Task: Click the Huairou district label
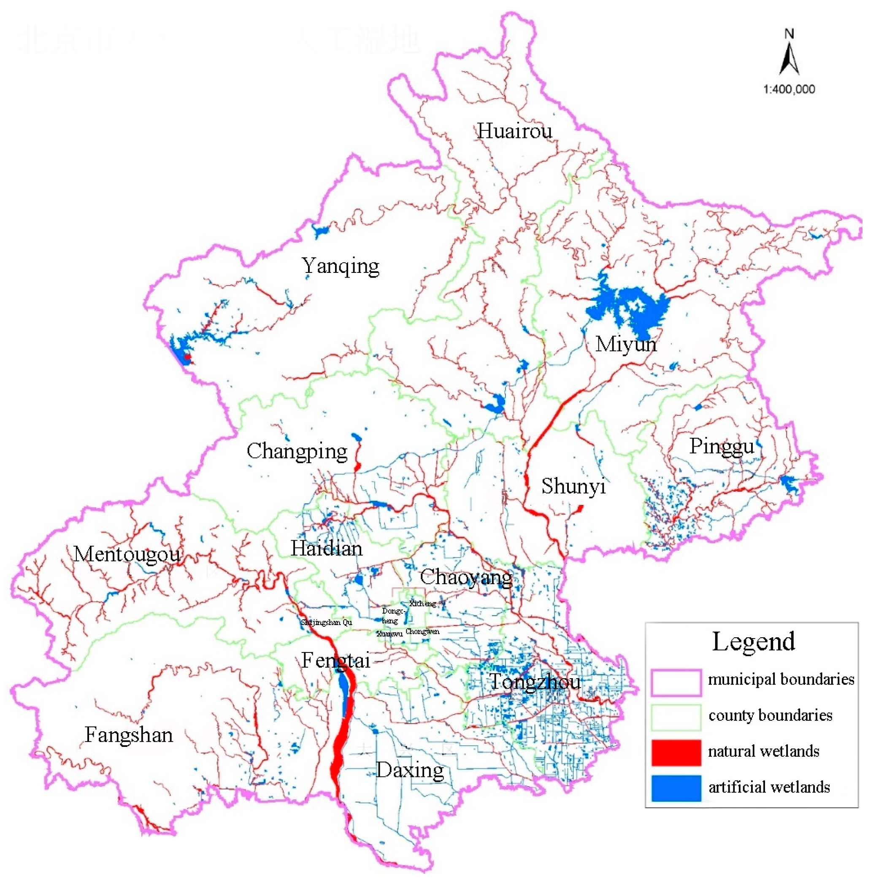[514, 131]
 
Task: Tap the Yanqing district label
[340, 266]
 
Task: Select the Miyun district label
[626, 344]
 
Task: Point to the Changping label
[297, 451]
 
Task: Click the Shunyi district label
[573, 486]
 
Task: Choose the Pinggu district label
[721, 446]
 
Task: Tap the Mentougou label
[127, 555]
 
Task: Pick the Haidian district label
[326, 548]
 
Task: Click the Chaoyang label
[466, 577]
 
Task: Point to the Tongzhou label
[535, 682]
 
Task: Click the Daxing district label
[410, 771]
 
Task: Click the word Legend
[753, 641]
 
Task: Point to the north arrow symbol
[789, 55]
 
